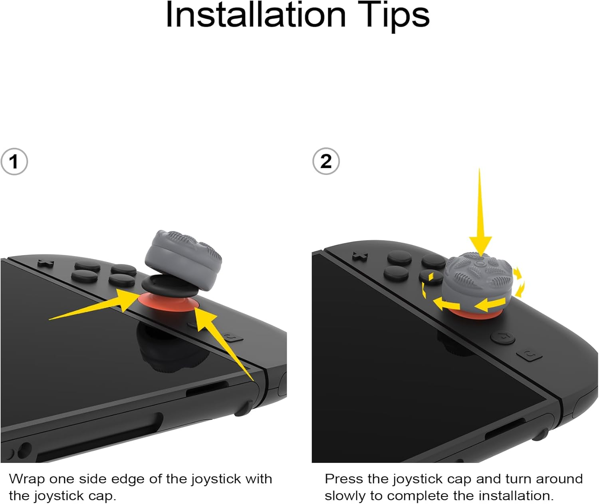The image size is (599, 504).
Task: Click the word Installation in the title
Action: pyautogui.click(x=256, y=15)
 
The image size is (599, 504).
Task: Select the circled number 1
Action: pyautogui.click(x=14, y=162)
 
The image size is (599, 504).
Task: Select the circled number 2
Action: pyautogui.click(x=326, y=161)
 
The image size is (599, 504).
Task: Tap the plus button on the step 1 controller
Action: pyautogui.click(x=46, y=263)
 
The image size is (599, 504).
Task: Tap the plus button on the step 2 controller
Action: pyautogui.click(x=360, y=255)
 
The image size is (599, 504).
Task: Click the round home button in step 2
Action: pyautogui.click(x=502, y=337)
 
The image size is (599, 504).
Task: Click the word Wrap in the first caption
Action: pyautogui.click(x=26, y=479)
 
